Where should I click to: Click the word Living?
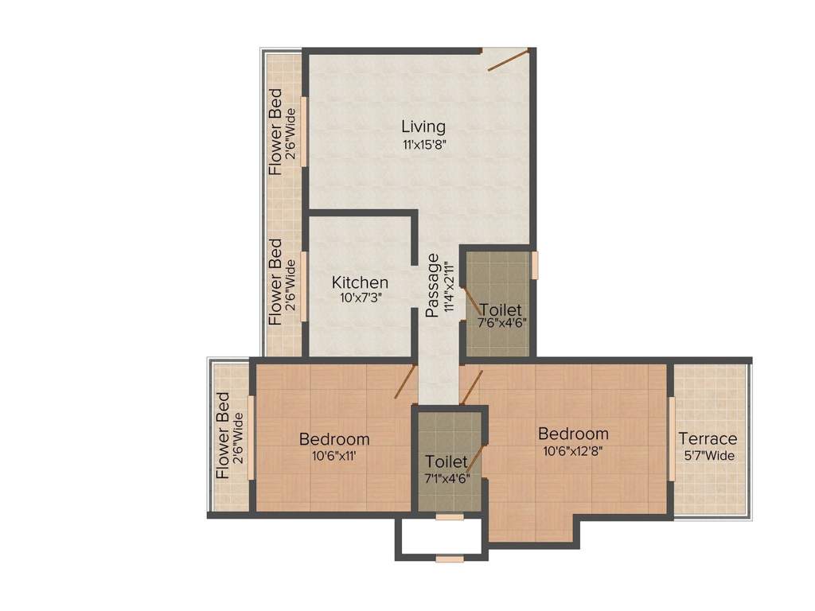tap(423, 126)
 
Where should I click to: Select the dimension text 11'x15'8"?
tap(423, 145)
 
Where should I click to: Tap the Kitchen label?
tap(360, 282)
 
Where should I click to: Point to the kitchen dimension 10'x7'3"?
tap(360, 299)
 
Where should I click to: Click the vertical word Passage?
tap(433, 286)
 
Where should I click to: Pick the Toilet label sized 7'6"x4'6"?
tap(501, 309)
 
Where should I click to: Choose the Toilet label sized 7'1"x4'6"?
tap(446, 462)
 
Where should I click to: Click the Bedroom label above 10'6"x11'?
tap(333, 439)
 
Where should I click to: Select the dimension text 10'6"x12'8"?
tap(573, 452)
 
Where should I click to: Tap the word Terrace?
tap(708, 439)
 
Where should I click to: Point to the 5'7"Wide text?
tap(708, 456)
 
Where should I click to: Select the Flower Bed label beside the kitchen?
tap(275, 282)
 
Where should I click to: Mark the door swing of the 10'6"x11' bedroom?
tap(405, 382)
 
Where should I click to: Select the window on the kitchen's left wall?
tap(303, 286)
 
